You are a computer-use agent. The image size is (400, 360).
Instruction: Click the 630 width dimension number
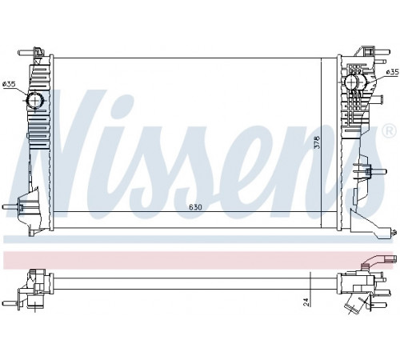tap(195, 207)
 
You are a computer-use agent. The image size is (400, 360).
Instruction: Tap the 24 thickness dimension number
tap(306, 302)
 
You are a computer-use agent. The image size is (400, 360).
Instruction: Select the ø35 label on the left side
tap(9, 85)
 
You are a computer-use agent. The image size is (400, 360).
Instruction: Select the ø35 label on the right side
tap(392, 72)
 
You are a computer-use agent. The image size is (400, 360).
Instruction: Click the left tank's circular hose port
tap(35, 100)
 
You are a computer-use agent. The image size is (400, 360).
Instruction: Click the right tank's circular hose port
tap(353, 82)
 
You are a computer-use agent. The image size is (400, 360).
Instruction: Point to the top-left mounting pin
tap(26, 53)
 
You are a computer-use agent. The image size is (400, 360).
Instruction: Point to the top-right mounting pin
tap(382, 52)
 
